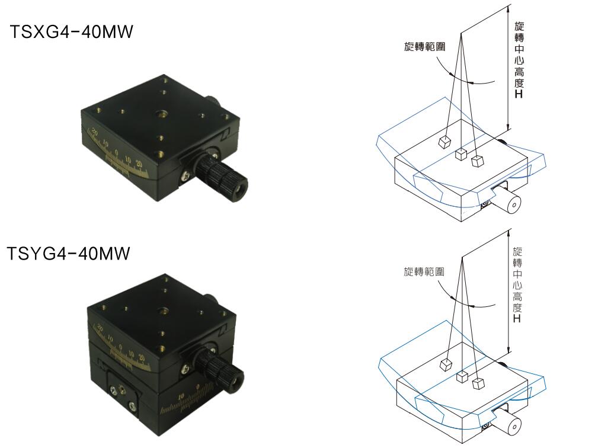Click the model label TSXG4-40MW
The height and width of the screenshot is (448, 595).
point(72,31)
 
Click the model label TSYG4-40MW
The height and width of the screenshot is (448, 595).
point(69,254)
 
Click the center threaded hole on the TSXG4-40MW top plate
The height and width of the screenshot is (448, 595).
point(161,114)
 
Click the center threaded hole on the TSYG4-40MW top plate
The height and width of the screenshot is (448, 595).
point(165,310)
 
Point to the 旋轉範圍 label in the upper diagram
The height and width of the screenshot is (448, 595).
point(425,47)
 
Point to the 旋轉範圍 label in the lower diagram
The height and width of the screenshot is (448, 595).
point(424,271)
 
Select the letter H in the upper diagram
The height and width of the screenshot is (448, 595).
point(519,94)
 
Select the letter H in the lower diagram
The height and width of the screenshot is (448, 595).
point(516,318)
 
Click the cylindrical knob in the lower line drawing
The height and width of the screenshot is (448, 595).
point(509,422)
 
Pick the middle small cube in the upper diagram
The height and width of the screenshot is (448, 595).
point(460,154)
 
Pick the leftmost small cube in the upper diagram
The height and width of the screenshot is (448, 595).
point(444,142)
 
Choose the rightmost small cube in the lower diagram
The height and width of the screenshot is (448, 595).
point(478,383)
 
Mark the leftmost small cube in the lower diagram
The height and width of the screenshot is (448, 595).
point(446,364)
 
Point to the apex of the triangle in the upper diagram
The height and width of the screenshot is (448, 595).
point(461,33)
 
